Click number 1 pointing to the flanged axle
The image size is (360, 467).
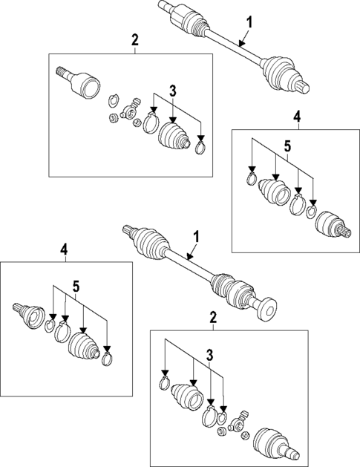click(196, 238)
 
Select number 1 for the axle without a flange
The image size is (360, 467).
click(249, 23)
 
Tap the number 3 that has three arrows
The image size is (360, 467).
click(173, 91)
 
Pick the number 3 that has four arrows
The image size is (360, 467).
click(210, 355)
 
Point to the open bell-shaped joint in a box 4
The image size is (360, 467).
click(32, 316)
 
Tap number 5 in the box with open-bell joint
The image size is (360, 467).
click(76, 287)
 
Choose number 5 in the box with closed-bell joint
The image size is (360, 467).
click(288, 146)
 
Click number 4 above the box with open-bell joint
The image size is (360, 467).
click(64, 249)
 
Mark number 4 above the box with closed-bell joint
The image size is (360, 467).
click(297, 117)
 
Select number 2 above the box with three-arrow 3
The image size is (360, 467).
click(135, 40)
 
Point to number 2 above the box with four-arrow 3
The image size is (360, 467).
click(213, 318)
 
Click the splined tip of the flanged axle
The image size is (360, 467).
click(128, 229)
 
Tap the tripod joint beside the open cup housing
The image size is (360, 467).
click(131, 109)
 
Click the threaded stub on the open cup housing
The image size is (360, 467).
click(62, 72)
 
